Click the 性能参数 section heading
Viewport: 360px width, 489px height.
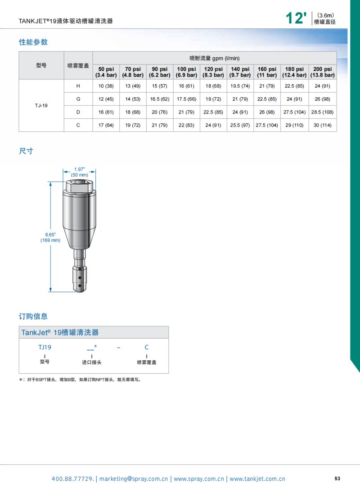[33, 42]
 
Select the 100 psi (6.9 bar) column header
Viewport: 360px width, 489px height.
[186, 72]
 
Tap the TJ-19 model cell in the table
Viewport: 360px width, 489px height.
[41, 105]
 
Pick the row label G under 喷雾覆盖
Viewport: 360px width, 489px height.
[78, 99]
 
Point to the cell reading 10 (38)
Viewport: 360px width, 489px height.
[106, 86]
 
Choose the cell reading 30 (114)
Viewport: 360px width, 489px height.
[323, 125]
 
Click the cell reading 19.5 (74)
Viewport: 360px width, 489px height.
[240, 86]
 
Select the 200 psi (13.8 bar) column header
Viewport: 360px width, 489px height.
[323, 72]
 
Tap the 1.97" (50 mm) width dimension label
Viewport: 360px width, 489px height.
[79, 172]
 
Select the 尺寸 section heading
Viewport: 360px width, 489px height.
[26, 151]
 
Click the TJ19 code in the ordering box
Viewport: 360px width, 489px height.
[45, 347]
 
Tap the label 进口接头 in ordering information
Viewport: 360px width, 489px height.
[91, 362]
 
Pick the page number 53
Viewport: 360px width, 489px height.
[337, 478]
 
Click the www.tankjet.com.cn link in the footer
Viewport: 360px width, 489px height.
[257, 479]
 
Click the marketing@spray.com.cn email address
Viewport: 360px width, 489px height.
[134, 479]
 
